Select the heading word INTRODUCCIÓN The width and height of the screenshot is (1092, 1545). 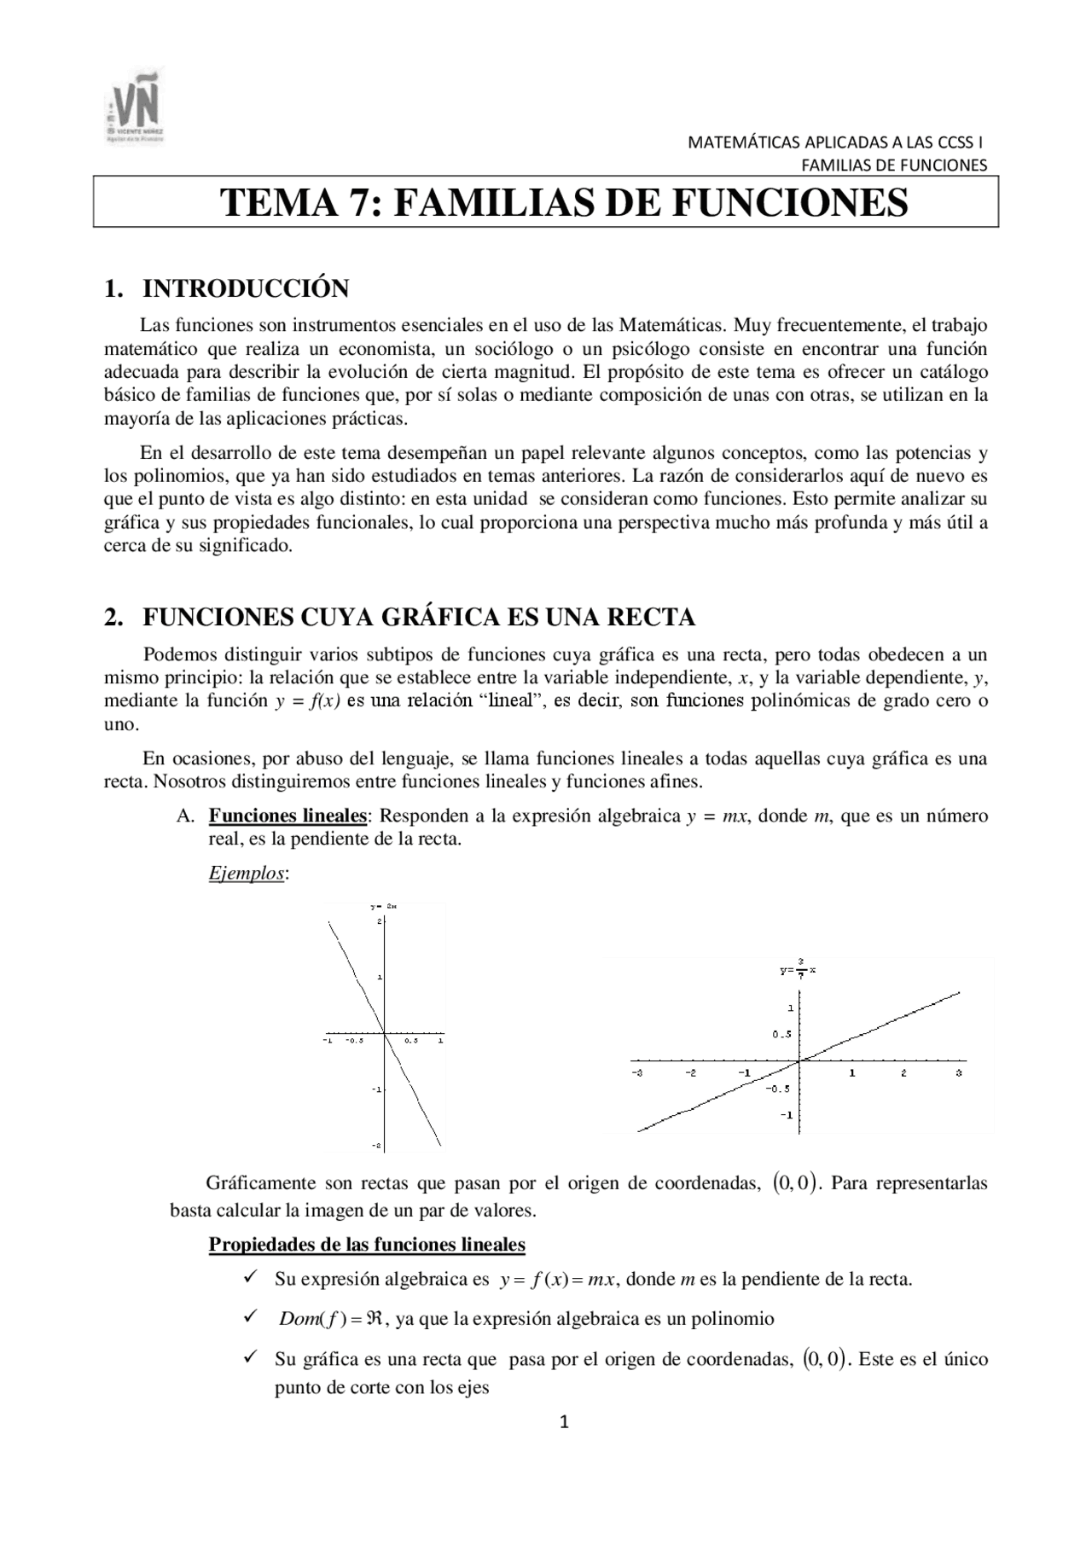[x=246, y=289]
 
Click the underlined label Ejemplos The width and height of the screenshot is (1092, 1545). [x=247, y=874]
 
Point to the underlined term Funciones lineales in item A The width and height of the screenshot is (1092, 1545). [x=288, y=816]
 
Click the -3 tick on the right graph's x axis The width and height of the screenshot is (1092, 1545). [x=636, y=1072]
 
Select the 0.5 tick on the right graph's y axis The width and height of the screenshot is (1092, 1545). [x=781, y=1035]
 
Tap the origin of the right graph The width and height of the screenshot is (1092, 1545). [x=799, y=1061]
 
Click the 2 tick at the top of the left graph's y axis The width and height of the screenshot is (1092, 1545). [x=379, y=922]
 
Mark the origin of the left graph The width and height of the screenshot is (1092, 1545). [x=385, y=1033]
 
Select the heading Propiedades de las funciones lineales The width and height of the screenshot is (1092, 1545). [x=367, y=1245]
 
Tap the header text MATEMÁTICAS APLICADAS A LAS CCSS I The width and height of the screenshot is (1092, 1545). [x=836, y=143]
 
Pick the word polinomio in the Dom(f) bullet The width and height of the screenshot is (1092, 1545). [x=732, y=1319]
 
